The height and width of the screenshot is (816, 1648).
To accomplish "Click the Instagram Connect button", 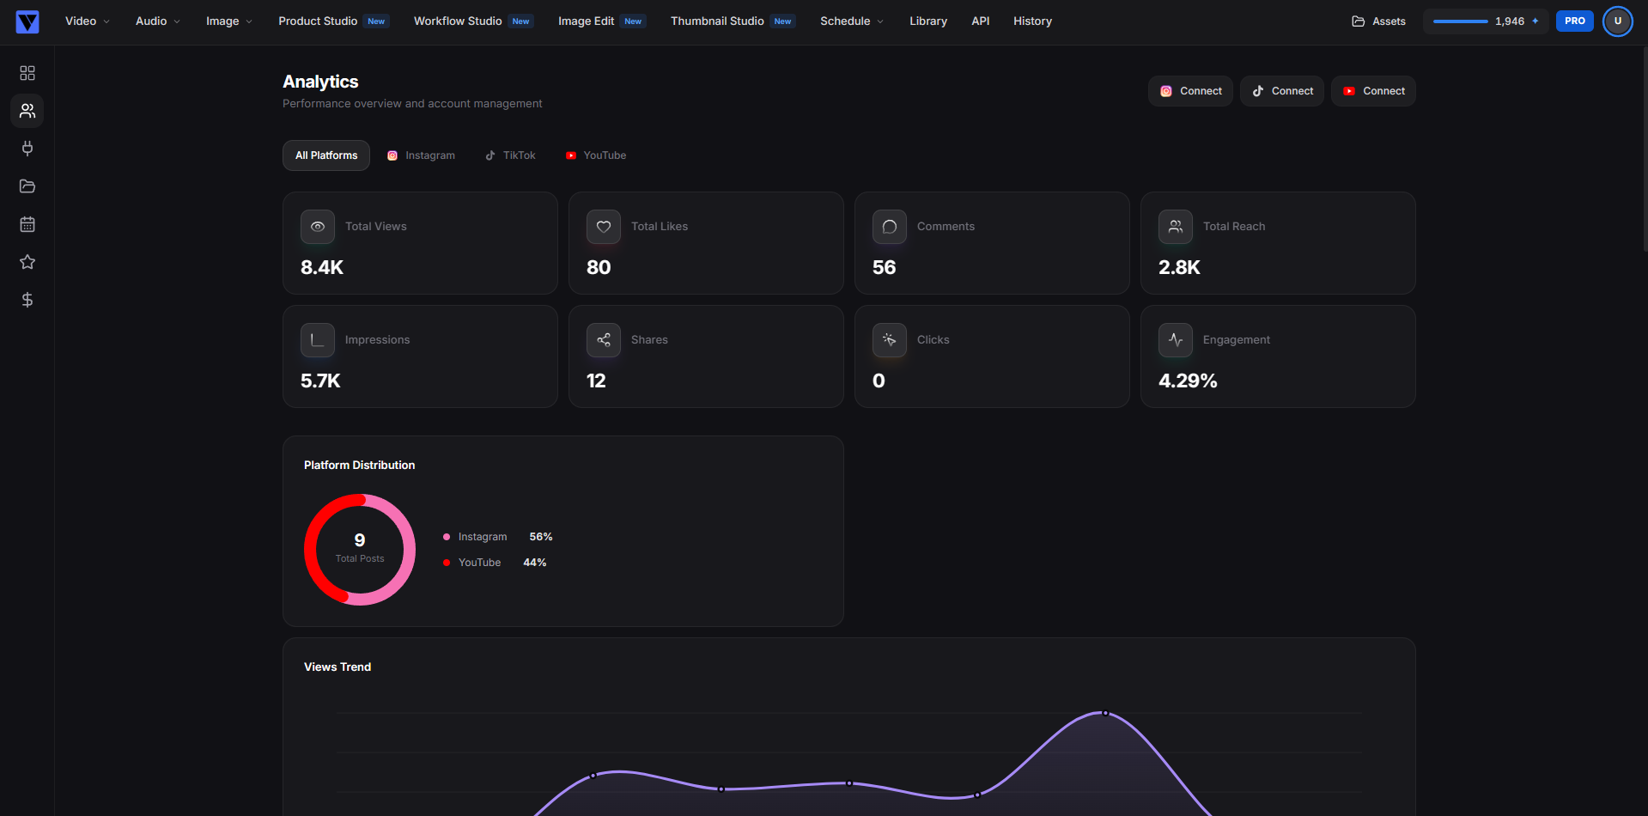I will pos(1190,91).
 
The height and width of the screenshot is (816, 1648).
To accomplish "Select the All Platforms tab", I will pos(326,155).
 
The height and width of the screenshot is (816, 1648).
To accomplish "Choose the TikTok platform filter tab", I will pos(510,155).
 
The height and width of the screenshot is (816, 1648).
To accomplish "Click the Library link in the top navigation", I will pos(928,21).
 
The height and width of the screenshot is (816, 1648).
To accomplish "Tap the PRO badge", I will pos(1574,21).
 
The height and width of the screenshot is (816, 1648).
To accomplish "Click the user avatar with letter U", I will pos(1617,21).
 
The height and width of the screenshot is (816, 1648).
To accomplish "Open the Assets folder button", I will pos(1378,21).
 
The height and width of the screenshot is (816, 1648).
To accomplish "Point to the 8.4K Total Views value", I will pos(322,267).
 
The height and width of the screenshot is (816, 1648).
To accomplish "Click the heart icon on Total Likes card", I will pos(604,227).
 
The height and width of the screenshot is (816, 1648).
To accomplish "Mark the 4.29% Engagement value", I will pos(1188,381).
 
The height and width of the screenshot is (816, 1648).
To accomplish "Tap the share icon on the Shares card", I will pos(604,340).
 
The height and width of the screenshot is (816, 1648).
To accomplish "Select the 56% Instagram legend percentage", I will pos(541,537).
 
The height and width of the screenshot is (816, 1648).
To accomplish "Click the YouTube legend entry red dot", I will pos(447,563).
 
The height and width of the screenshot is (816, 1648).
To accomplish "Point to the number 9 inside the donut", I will pos(360,539).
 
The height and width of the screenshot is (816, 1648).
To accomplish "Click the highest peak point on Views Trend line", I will pos(1105,713).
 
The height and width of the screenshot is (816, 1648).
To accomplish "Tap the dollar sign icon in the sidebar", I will pos(27,300).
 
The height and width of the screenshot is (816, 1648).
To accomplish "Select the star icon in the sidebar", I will pos(27,262).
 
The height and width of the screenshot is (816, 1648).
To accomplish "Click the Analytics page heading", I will pos(320,82).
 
